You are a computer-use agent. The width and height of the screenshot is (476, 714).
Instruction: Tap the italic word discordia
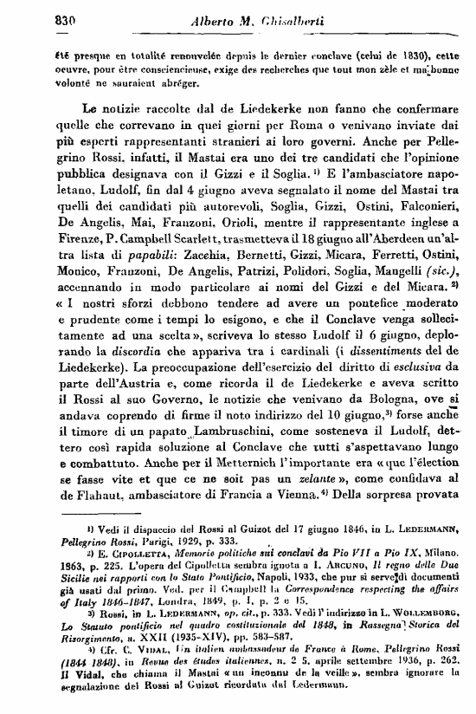click(x=170, y=382)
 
